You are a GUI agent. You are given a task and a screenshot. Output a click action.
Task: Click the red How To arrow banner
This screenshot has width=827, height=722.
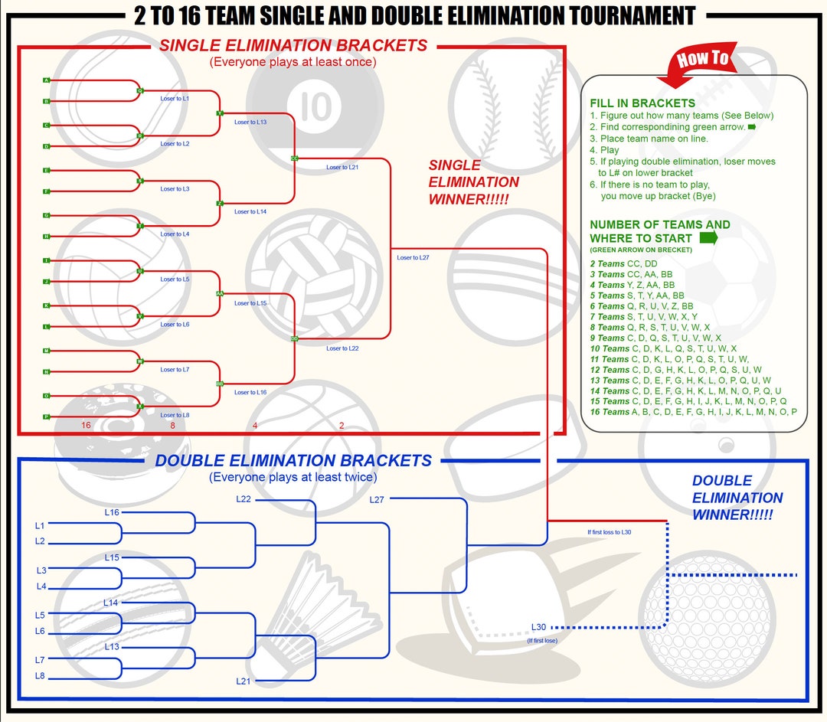(x=699, y=63)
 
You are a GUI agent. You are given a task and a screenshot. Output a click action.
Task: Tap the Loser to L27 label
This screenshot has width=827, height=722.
(x=413, y=258)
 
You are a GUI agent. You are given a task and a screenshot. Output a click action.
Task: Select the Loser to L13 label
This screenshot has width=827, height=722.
(x=250, y=122)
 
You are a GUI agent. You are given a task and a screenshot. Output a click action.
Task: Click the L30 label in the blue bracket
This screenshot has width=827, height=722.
(x=538, y=627)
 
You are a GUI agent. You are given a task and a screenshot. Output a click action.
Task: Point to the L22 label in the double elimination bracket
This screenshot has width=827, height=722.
(x=244, y=500)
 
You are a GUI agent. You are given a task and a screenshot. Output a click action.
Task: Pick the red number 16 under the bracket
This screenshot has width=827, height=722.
(x=87, y=426)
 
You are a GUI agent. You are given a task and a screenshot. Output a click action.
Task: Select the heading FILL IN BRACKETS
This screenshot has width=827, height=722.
(x=642, y=103)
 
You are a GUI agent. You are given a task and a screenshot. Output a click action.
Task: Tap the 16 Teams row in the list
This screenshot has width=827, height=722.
(x=693, y=412)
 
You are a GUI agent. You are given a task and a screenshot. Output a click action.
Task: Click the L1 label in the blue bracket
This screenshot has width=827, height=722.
(x=40, y=525)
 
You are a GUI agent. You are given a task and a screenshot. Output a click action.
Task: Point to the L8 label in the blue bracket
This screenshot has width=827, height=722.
(x=40, y=676)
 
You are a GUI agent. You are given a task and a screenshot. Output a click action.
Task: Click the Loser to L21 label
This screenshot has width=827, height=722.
(x=342, y=167)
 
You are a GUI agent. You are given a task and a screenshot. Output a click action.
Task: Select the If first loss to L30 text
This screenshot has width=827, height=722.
(x=610, y=532)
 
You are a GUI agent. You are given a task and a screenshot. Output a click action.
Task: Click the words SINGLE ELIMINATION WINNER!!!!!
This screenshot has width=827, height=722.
(x=473, y=182)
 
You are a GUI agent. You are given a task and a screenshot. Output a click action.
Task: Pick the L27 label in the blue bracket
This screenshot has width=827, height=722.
(x=377, y=500)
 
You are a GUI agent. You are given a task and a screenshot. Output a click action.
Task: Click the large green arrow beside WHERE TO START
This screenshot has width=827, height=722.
(x=708, y=237)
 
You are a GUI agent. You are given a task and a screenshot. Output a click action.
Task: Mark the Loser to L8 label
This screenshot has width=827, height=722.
(x=175, y=415)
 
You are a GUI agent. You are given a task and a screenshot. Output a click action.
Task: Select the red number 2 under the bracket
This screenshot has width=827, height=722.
(x=342, y=426)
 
